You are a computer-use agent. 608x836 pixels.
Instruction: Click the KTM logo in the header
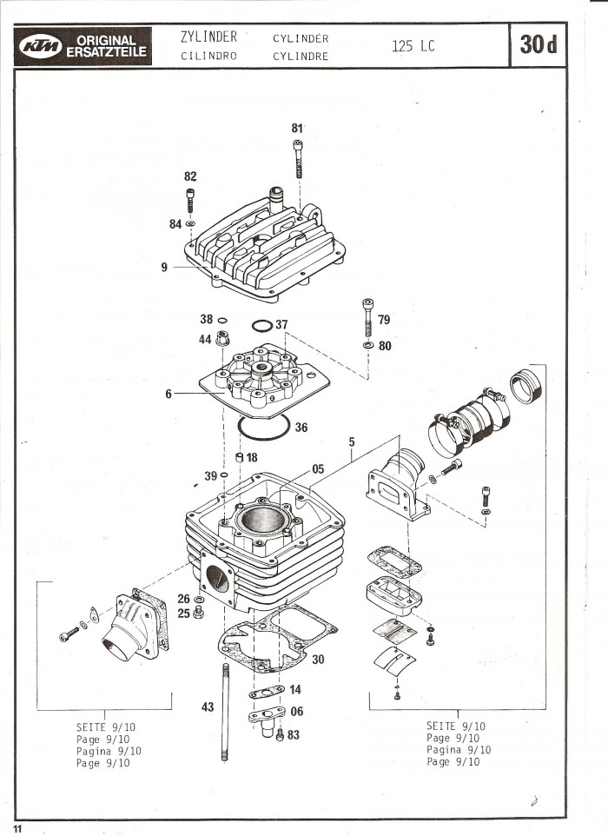(40, 46)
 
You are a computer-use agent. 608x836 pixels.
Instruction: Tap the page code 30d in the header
(538, 45)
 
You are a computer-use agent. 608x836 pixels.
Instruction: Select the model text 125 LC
(413, 46)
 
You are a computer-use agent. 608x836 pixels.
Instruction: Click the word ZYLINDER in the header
(208, 36)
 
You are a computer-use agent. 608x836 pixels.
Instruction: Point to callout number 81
(297, 129)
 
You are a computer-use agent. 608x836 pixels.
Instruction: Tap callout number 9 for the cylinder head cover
(164, 267)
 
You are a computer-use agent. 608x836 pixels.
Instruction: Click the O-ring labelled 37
(262, 325)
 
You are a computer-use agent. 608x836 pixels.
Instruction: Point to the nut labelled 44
(221, 338)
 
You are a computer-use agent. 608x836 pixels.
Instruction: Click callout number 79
(384, 320)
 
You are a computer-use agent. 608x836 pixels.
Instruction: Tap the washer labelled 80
(367, 346)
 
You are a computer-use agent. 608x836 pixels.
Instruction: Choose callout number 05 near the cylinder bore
(318, 469)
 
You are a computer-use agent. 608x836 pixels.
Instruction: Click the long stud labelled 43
(226, 712)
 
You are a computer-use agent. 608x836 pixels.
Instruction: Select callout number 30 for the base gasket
(318, 660)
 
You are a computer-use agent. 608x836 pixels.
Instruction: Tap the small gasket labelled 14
(267, 692)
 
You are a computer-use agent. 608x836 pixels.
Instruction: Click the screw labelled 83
(280, 735)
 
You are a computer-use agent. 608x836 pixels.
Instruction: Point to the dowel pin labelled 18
(239, 457)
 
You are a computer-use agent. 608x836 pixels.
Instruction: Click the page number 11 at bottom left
(18, 828)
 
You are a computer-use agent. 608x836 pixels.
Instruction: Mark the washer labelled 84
(190, 223)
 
